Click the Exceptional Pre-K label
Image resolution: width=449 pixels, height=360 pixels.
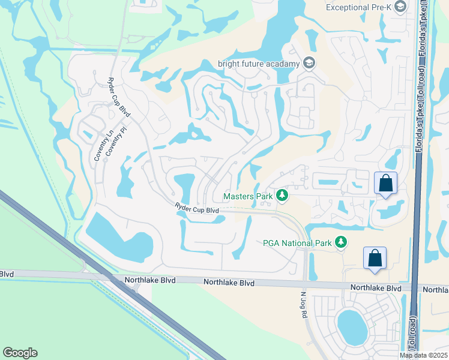tap(368, 7)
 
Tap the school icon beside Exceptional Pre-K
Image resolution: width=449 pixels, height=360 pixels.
tap(418, 6)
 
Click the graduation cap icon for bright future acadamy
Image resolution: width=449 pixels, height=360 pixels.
tap(310, 63)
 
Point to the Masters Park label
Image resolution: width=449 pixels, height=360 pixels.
tap(247, 196)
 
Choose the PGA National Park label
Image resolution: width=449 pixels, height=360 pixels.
tap(297, 243)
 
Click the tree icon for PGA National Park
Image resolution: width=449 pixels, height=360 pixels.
tap(342, 242)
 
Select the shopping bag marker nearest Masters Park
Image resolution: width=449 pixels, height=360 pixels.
tap(385, 182)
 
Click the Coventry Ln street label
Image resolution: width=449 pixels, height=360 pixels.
tap(97, 144)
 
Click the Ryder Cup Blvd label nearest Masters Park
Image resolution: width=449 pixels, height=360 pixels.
tap(196, 209)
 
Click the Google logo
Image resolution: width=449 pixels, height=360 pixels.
tap(20, 353)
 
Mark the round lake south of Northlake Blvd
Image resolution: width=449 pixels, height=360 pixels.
tap(352, 326)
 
